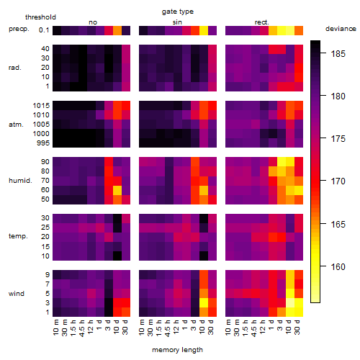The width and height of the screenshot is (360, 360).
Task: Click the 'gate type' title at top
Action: [178, 12]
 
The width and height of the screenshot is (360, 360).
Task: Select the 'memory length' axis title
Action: [177, 350]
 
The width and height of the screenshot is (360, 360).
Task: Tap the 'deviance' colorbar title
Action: [341, 29]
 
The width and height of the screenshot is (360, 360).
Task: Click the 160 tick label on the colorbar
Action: [338, 266]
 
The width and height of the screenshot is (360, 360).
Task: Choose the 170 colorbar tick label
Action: [338, 181]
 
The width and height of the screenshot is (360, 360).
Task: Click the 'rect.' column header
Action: [262, 22]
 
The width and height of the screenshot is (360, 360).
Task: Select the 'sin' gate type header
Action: [177, 22]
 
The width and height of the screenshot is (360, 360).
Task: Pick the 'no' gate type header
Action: [93, 22]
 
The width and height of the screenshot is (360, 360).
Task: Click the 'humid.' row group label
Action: [20, 181]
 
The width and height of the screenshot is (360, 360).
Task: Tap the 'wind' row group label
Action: [17, 294]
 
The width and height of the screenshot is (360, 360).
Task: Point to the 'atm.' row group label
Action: [16, 125]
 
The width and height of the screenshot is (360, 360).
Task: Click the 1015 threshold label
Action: [41, 106]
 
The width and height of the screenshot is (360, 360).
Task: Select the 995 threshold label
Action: [43, 143]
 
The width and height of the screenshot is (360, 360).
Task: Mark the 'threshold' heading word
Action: [40, 17]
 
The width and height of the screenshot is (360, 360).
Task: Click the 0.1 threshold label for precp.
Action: [44, 30]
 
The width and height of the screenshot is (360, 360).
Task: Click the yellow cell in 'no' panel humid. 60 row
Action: [117, 190]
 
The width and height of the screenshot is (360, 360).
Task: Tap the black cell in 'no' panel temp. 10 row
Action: [117, 256]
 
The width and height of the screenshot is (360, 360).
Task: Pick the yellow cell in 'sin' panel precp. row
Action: [204, 30]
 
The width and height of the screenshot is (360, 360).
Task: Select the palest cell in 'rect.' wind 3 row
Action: [290, 302]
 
